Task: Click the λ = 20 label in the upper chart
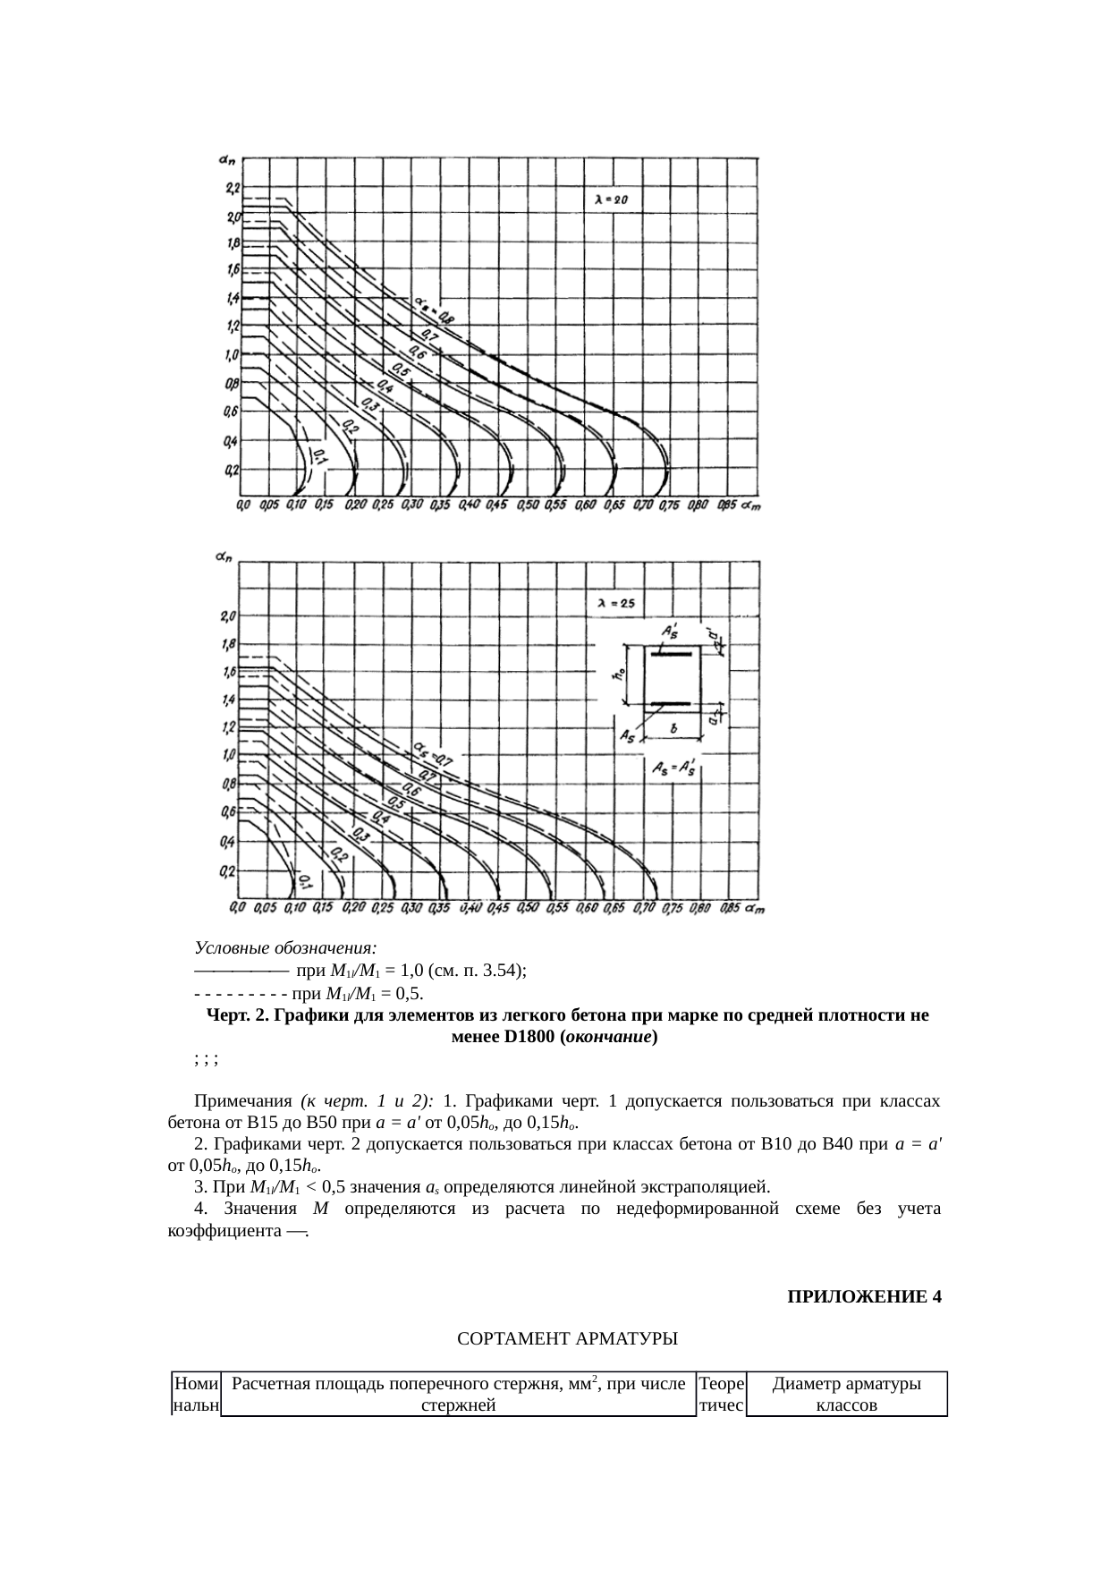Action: tap(612, 200)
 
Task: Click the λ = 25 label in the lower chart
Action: tap(615, 604)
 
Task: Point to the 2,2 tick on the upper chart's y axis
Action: tap(233, 188)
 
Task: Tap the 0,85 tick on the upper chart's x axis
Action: tap(726, 506)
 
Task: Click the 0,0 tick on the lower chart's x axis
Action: tap(238, 908)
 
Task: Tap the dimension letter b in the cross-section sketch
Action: tap(673, 728)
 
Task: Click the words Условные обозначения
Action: tap(285, 947)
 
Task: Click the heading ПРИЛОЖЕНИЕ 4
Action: tap(863, 1296)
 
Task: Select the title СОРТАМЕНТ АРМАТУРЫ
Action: tap(567, 1339)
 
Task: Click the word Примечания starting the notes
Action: tap(243, 1101)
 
